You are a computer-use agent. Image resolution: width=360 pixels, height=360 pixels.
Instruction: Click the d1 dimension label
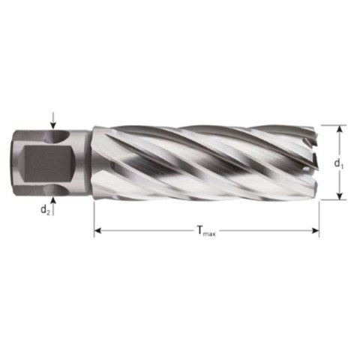point(339,163)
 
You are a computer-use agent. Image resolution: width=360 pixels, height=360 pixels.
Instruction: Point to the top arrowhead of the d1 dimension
point(339,128)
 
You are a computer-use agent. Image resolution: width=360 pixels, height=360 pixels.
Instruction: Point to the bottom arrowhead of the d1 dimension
point(339,196)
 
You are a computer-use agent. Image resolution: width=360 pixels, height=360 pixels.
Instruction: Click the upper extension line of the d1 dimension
point(334,124)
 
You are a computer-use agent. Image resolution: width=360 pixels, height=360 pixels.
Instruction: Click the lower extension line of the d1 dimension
point(334,200)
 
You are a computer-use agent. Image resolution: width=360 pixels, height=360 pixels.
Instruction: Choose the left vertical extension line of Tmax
point(94,217)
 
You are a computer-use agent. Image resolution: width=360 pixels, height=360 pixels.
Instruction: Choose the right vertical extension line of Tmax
point(319,217)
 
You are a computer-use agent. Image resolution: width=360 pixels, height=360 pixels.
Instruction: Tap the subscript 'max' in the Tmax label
point(211,235)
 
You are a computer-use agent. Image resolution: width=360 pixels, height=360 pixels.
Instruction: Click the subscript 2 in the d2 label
point(48,211)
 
